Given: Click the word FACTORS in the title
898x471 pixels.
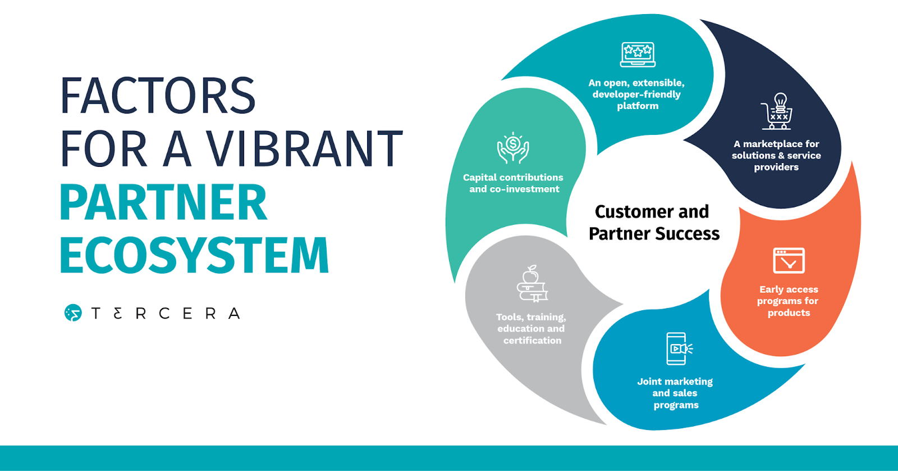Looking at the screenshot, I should pyautogui.click(x=158, y=96).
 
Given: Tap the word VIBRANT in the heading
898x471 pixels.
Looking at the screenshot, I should pyautogui.click(x=305, y=149).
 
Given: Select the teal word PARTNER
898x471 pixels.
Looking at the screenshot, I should pyautogui.click(x=163, y=202).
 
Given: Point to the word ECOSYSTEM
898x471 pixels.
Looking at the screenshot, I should pyautogui.click(x=194, y=255).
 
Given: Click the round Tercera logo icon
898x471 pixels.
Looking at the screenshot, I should pyautogui.click(x=73, y=313).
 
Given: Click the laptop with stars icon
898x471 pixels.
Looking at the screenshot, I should pyautogui.click(x=638, y=55).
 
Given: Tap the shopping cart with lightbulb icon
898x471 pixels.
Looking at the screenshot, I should pyautogui.click(x=777, y=111).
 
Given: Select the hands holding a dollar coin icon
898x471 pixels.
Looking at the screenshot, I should pyautogui.click(x=513, y=148).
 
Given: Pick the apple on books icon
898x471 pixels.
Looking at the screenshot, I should pyautogui.click(x=532, y=284).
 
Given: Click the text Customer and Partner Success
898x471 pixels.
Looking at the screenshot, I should pyautogui.click(x=653, y=223).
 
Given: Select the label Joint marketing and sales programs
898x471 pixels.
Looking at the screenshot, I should pyautogui.click(x=675, y=393).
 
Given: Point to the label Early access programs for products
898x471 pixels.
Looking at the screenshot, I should pyautogui.click(x=788, y=301).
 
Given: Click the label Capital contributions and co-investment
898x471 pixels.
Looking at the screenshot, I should pyautogui.click(x=514, y=183).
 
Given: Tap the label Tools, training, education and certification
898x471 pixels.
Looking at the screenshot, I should pyautogui.click(x=532, y=329).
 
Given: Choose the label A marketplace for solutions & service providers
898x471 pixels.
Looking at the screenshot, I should pyautogui.click(x=776, y=155).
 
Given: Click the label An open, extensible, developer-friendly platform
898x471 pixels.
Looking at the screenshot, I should pyautogui.click(x=637, y=94).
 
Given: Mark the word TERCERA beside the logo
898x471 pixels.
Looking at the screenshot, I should pyautogui.click(x=166, y=314).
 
